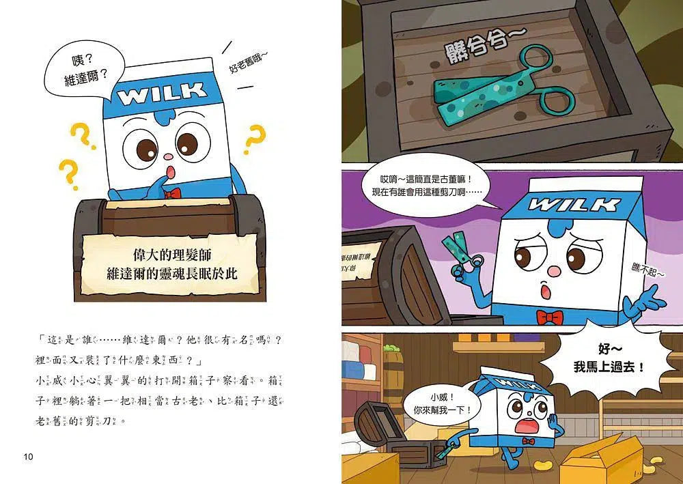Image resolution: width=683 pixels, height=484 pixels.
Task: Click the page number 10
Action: (28, 456)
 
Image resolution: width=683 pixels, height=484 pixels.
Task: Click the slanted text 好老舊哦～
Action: (240, 58)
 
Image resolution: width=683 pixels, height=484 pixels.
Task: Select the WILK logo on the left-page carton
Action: (162, 94)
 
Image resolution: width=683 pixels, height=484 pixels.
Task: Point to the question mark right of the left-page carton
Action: (255, 140)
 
